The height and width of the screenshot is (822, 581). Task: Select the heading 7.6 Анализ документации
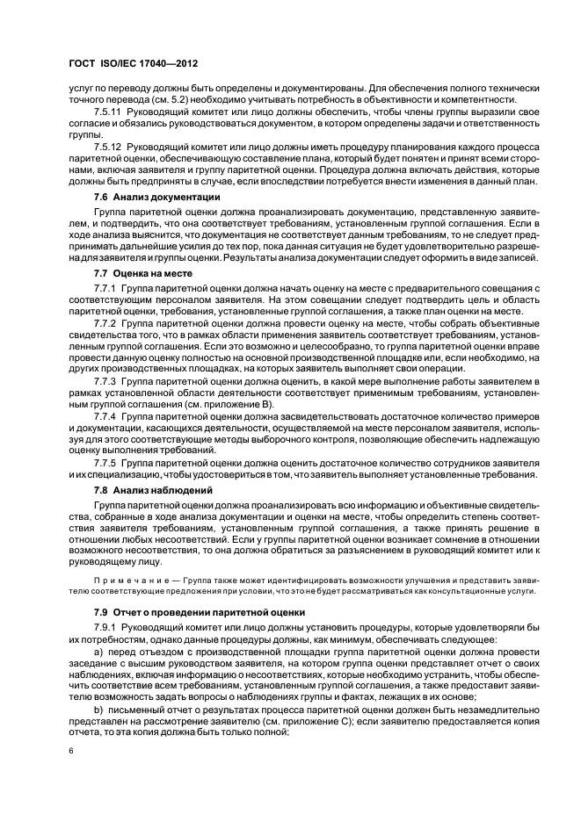[150, 198]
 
